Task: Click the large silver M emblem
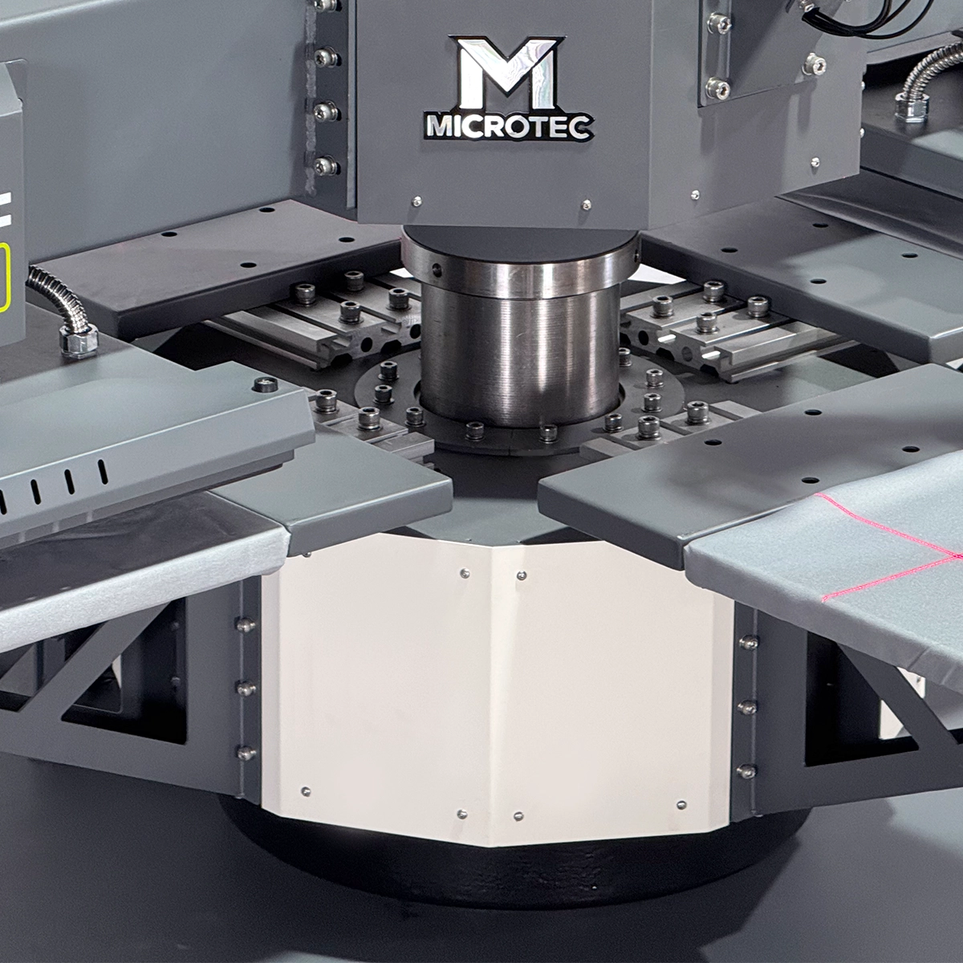point(507,74)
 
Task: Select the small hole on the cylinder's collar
point(437,270)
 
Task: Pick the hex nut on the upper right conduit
point(912,106)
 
